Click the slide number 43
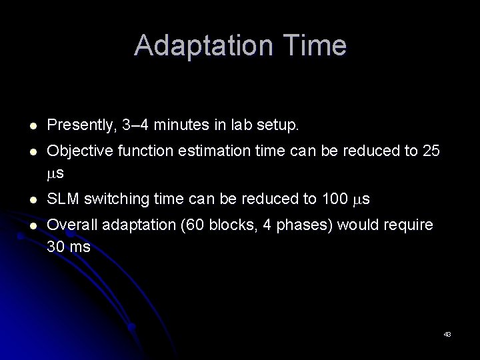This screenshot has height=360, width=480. tap(447, 333)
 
